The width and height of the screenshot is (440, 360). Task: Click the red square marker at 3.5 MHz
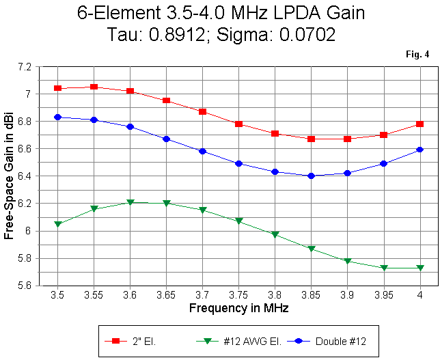click(58, 88)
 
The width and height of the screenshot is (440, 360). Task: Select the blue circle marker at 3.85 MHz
click(311, 176)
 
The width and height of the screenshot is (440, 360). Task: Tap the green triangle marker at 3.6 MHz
click(130, 202)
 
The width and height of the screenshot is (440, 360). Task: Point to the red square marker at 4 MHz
click(420, 124)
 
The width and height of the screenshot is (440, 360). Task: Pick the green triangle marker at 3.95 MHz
click(383, 268)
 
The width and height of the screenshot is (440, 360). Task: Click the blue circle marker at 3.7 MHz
click(203, 151)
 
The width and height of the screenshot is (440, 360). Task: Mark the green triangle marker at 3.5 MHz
click(58, 224)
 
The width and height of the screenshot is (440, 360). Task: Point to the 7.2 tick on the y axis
click(25, 67)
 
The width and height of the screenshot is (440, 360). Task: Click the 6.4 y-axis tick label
click(25, 176)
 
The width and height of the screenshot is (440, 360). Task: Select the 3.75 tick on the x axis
click(238, 294)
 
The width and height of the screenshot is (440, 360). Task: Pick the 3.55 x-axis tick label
click(94, 294)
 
